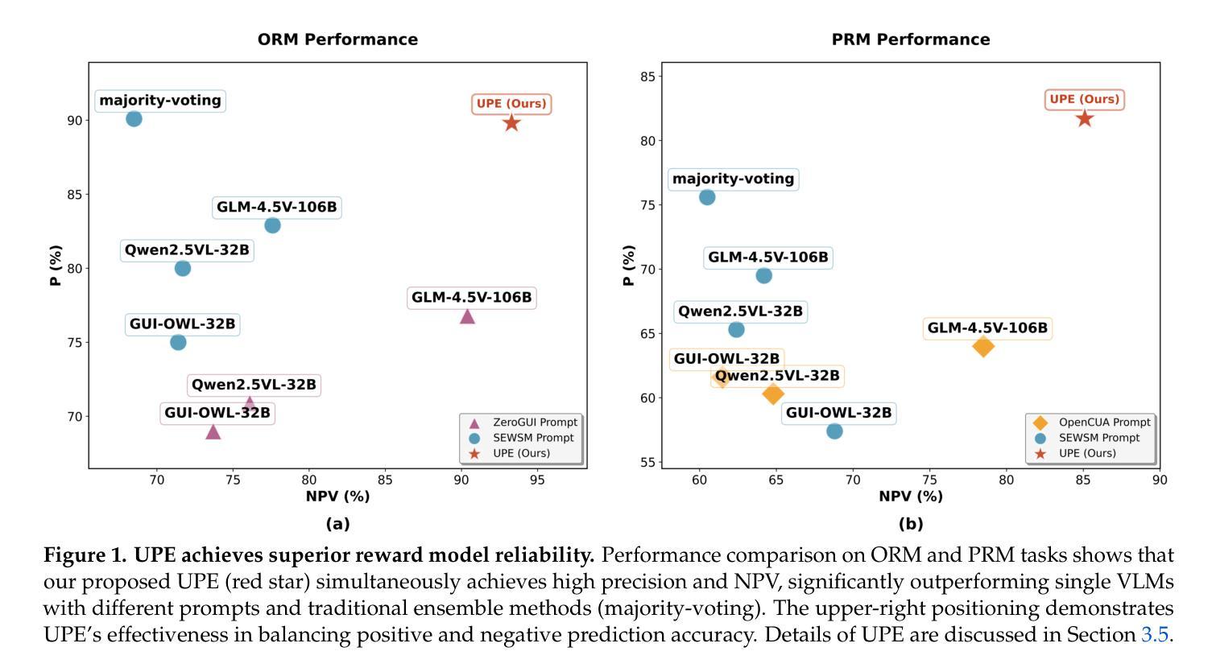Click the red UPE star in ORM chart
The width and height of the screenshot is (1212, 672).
click(511, 123)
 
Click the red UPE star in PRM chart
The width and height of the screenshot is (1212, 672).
click(1085, 119)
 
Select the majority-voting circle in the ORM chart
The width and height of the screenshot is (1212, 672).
click(134, 119)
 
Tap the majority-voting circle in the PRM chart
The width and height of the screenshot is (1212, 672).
click(707, 197)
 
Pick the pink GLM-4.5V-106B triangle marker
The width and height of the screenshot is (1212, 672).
click(467, 316)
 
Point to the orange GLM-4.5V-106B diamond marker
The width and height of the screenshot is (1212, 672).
click(982, 347)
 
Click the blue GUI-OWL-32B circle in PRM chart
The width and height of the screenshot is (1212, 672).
click(834, 431)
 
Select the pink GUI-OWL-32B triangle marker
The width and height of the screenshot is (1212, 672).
click(213, 432)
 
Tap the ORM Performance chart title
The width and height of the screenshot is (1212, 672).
click(337, 39)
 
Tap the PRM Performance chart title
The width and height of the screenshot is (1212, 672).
click(911, 39)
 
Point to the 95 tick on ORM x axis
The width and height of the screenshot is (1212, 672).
click(537, 480)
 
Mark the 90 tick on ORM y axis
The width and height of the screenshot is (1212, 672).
click(75, 120)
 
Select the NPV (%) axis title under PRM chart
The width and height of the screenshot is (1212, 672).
click(911, 497)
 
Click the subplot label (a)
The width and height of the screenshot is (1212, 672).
click(337, 524)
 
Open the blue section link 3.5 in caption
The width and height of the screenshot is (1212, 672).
click(1154, 635)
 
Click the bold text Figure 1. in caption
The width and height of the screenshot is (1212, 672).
click(85, 555)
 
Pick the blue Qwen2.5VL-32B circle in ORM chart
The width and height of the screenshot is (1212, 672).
click(183, 269)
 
